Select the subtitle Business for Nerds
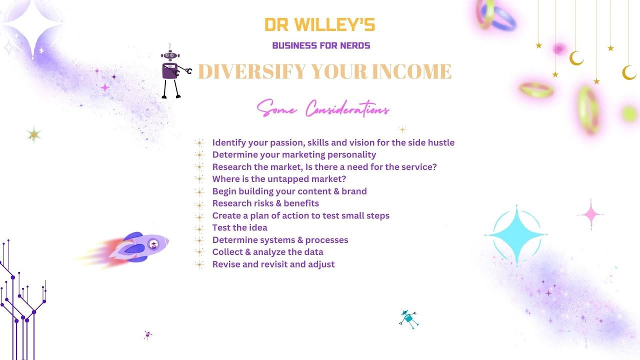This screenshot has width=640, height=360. click(321, 46)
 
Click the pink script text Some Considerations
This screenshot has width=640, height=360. click(323, 108)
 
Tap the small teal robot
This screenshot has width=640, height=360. click(408, 318)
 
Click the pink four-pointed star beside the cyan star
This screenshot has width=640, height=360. click(590, 215)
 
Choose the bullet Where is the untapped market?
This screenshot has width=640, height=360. click(279, 179)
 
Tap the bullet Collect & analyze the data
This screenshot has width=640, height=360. click(267, 252)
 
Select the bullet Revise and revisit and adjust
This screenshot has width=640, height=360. click(273, 264)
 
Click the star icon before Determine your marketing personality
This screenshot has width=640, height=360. click(200, 155)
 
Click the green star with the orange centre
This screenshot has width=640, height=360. click(34, 134)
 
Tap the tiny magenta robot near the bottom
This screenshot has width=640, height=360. click(147, 334)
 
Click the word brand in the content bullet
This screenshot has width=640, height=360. click(354, 191)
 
